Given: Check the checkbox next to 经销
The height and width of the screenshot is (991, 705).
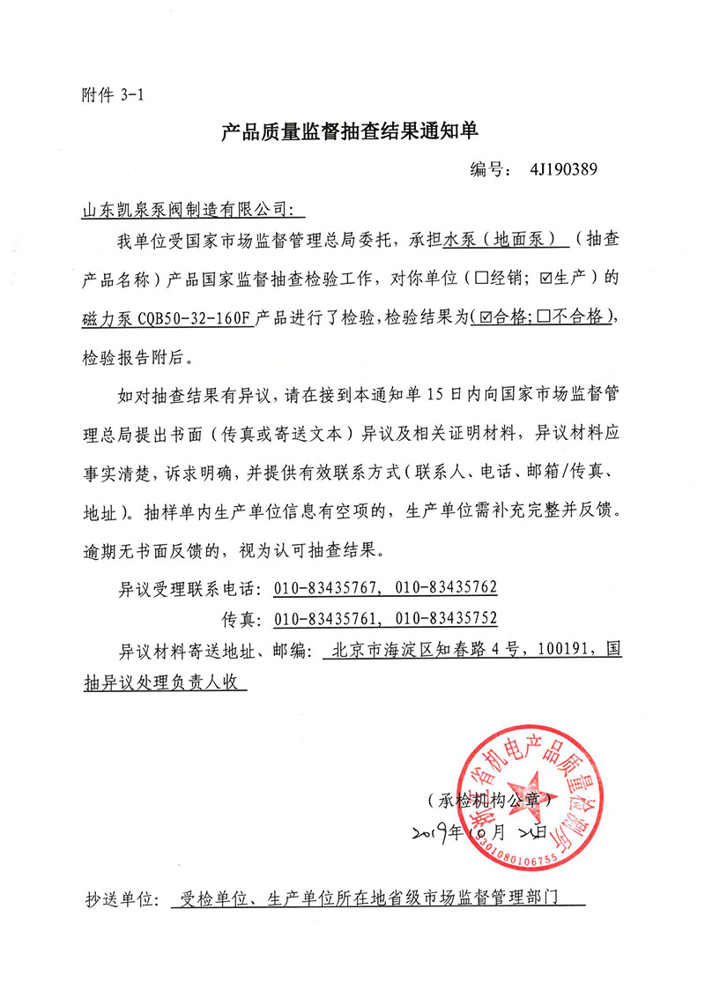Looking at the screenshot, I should coord(482,279).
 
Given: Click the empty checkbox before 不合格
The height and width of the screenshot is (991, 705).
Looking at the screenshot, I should coord(545,318).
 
